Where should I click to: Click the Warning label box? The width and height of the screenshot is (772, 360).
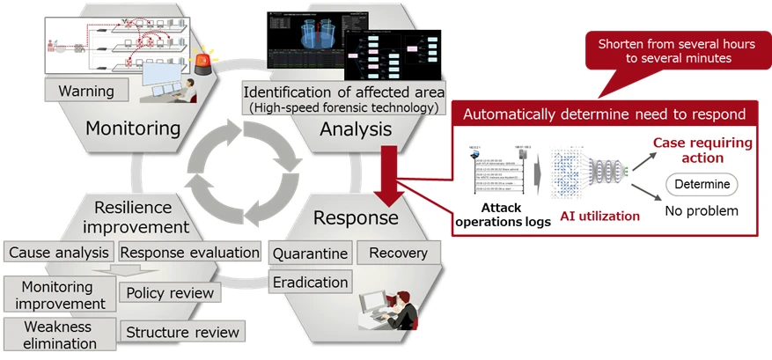tap(85, 91)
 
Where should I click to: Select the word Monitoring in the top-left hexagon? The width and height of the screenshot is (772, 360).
tap(132, 129)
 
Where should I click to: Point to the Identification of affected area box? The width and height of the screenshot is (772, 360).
tap(343, 99)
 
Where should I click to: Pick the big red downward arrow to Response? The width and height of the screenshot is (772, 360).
tap(386, 169)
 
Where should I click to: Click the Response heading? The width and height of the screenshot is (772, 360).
tap(356, 217)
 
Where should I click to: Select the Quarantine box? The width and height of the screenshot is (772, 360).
tap(309, 253)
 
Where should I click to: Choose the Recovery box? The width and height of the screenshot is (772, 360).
tap(398, 253)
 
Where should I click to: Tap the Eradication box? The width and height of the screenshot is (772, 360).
tap(309, 282)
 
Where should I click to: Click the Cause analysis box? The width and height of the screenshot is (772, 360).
tap(58, 253)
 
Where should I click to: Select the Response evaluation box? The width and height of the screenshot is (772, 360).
tap(189, 253)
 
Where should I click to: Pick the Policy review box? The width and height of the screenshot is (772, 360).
tap(170, 292)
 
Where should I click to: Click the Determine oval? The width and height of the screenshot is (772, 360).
tap(701, 184)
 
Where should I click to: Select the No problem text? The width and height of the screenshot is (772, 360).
tap(701, 211)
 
